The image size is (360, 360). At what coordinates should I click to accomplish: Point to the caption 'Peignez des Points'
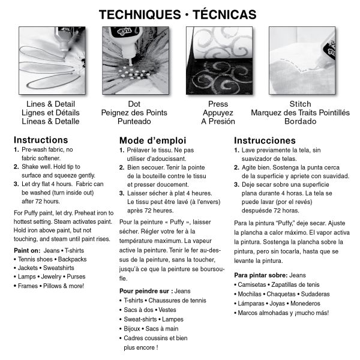pyautogui.click(x=134, y=112)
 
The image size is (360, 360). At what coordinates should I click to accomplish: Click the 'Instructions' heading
pyautogui.click(x=40, y=140)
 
